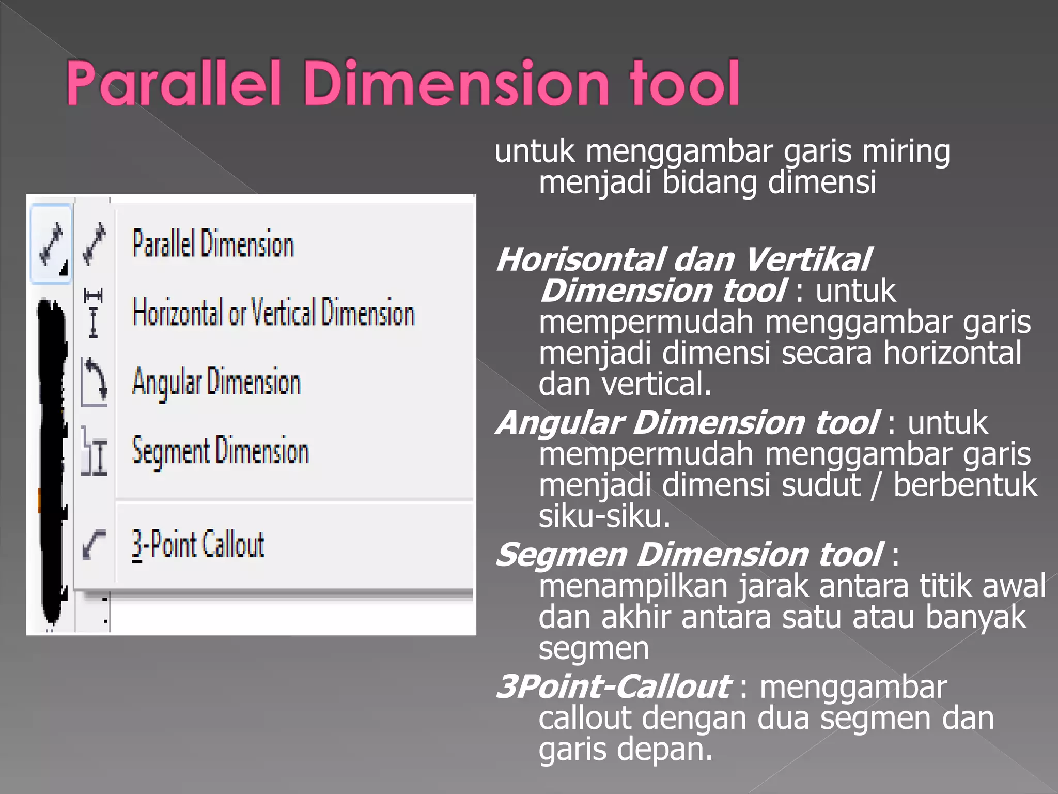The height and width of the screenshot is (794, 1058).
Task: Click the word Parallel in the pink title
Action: click(174, 84)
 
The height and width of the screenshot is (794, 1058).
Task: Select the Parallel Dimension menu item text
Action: click(213, 243)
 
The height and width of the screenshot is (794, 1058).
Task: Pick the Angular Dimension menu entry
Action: click(216, 383)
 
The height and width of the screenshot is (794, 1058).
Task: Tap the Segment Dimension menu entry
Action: click(220, 451)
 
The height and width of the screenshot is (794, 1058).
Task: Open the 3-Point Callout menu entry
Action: click(198, 544)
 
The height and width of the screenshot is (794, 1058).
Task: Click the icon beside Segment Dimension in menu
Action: click(94, 451)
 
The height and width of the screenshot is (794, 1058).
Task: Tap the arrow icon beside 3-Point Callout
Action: click(94, 544)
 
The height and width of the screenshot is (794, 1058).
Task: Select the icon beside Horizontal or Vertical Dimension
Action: click(94, 313)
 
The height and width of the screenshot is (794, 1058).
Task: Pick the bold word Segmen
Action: click(561, 555)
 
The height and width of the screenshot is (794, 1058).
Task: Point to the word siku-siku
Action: click(604, 516)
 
